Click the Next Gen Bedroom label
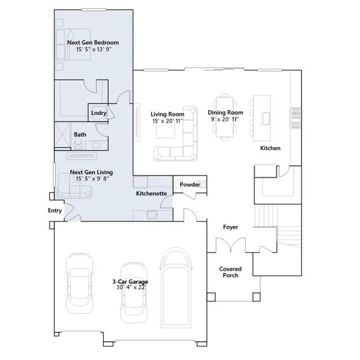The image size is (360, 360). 93,43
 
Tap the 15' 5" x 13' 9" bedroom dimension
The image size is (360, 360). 94,49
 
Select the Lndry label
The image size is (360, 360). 99,113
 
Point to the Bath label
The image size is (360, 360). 80,134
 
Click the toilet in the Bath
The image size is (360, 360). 78,144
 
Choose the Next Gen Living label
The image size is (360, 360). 91,172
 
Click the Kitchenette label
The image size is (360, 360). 151,193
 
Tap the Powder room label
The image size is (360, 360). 190,184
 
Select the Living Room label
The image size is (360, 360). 168,114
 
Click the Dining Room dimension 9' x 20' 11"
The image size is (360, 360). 225,119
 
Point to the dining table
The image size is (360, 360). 224,117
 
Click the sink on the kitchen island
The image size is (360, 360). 266,119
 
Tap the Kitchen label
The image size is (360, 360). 270,148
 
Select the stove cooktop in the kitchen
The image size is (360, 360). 296,118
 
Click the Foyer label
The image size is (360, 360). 231,227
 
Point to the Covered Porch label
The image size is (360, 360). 230,272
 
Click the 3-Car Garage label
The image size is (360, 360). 130,281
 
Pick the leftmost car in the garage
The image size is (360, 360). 79,283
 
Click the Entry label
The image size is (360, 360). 55,210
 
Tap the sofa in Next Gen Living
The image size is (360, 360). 75,186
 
